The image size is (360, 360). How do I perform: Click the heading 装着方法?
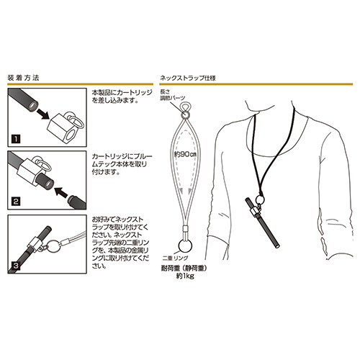pos(23,78)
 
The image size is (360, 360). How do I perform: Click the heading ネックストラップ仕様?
pos(188,78)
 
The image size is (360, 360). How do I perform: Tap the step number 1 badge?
pos(16,139)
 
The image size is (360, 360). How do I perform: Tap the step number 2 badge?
pos(16,201)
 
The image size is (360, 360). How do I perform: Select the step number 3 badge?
pos(16,266)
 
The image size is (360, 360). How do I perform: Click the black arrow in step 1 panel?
pos(44,114)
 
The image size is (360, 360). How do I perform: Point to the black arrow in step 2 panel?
pos(60,192)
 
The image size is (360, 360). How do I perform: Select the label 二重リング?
pos(175,258)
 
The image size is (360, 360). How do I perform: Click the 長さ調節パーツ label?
pos(173,95)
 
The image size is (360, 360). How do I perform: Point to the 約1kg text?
pos(185,276)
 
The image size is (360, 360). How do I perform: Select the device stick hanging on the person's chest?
pos(263,222)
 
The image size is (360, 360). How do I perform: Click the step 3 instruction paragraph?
pos(121,243)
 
